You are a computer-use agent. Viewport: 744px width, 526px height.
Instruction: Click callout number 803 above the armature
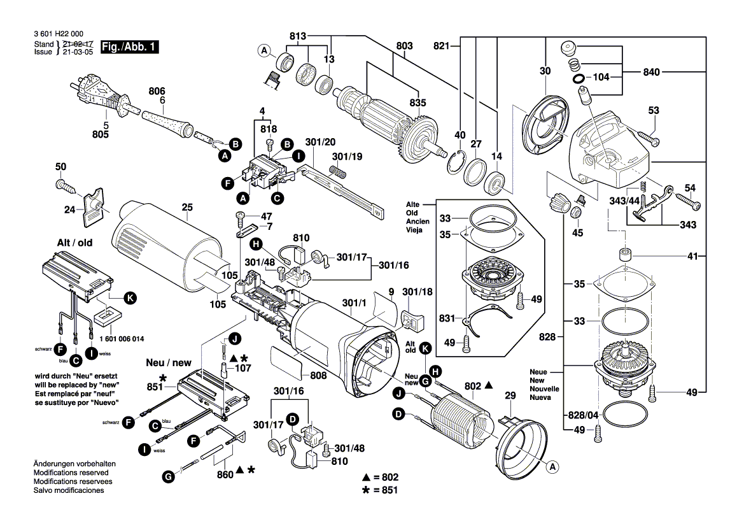pos(404,46)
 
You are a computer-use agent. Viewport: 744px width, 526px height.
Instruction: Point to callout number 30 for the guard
pos(545,72)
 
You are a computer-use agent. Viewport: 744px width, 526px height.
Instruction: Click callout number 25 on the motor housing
pos(186,207)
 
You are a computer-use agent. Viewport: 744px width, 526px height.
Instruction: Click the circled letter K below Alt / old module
pos(130,297)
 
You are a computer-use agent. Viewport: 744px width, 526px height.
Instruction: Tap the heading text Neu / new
pos(168,362)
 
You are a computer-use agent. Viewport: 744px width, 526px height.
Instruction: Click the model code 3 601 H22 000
pos(59,34)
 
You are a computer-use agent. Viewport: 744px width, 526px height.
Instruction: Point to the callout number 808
pos(318,376)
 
